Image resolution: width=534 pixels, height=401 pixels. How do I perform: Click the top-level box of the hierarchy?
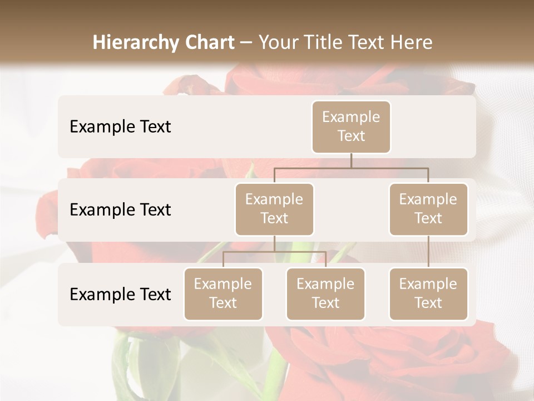[x=351, y=127]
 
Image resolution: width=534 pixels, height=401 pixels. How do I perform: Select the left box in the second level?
[x=274, y=209]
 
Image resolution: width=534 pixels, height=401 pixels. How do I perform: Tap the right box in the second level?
[x=428, y=209]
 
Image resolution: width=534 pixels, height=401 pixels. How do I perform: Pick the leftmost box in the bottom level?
[x=223, y=294]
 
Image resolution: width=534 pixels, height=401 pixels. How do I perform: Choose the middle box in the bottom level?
[x=325, y=294]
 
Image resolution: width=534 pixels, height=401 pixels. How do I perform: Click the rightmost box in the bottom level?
[x=428, y=294]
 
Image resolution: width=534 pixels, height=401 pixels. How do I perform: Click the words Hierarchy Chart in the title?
[x=164, y=42]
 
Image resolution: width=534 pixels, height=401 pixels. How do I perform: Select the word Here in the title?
[x=412, y=42]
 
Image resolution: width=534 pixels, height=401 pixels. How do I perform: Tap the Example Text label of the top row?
[x=120, y=127]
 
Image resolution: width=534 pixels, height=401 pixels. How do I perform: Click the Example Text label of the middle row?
[x=120, y=210]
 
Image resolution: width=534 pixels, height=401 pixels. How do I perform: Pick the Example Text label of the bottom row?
[x=120, y=295]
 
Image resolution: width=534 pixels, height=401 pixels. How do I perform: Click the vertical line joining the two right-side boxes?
[x=428, y=252]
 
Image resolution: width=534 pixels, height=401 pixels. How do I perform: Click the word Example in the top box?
[x=351, y=117]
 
